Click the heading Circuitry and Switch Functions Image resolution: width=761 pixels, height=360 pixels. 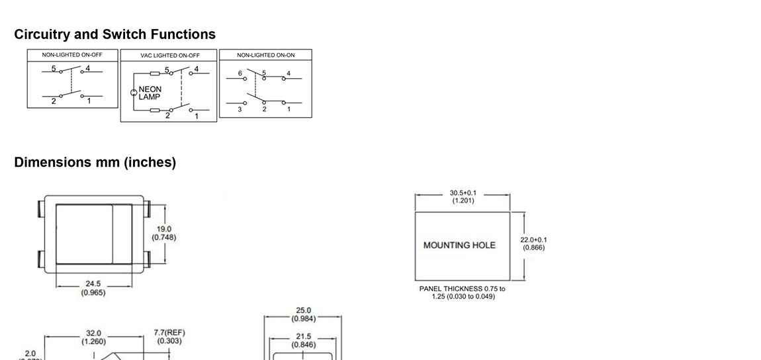pyautogui.click(x=114, y=34)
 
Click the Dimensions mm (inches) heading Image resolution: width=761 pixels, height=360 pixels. pyautogui.click(x=95, y=162)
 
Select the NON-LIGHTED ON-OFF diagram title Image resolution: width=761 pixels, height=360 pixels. pyautogui.click(x=72, y=55)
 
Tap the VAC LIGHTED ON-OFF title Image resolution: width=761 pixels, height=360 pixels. pyautogui.click(x=169, y=56)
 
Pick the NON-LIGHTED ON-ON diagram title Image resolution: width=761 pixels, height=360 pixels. pyautogui.click(x=265, y=55)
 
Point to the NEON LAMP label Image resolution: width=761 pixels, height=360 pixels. pyautogui.click(x=150, y=93)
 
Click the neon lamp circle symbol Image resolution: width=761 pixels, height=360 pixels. pyautogui.click(x=134, y=93)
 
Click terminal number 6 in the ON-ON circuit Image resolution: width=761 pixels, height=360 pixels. pyautogui.click(x=240, y=73)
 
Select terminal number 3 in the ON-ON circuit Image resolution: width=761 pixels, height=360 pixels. pyautogui.click(x=240, y=109)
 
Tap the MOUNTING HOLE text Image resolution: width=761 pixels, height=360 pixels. pyautogui.click(x=459, y=246)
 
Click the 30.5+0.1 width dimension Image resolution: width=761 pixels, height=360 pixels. pyautogui.click(x=463, y=197)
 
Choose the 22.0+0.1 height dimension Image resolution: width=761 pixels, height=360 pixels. pyautogui.click(x=533, y=244)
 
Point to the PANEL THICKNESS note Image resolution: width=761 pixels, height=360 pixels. pyautogui.click(x=462, y=292)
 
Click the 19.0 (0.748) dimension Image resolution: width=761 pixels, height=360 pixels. pyautogui.click(x=164, y=233)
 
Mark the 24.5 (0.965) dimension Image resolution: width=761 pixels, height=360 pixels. pyautogui.click(x=93, y=288)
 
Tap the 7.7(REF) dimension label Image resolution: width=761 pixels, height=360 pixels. pyautogui.click(x=168, y=337)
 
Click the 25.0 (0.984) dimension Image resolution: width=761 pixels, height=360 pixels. pyautogui.click(x=304, y=314)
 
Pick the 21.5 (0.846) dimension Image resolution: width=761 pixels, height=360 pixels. pyautogui.click(x=304, y=340)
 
